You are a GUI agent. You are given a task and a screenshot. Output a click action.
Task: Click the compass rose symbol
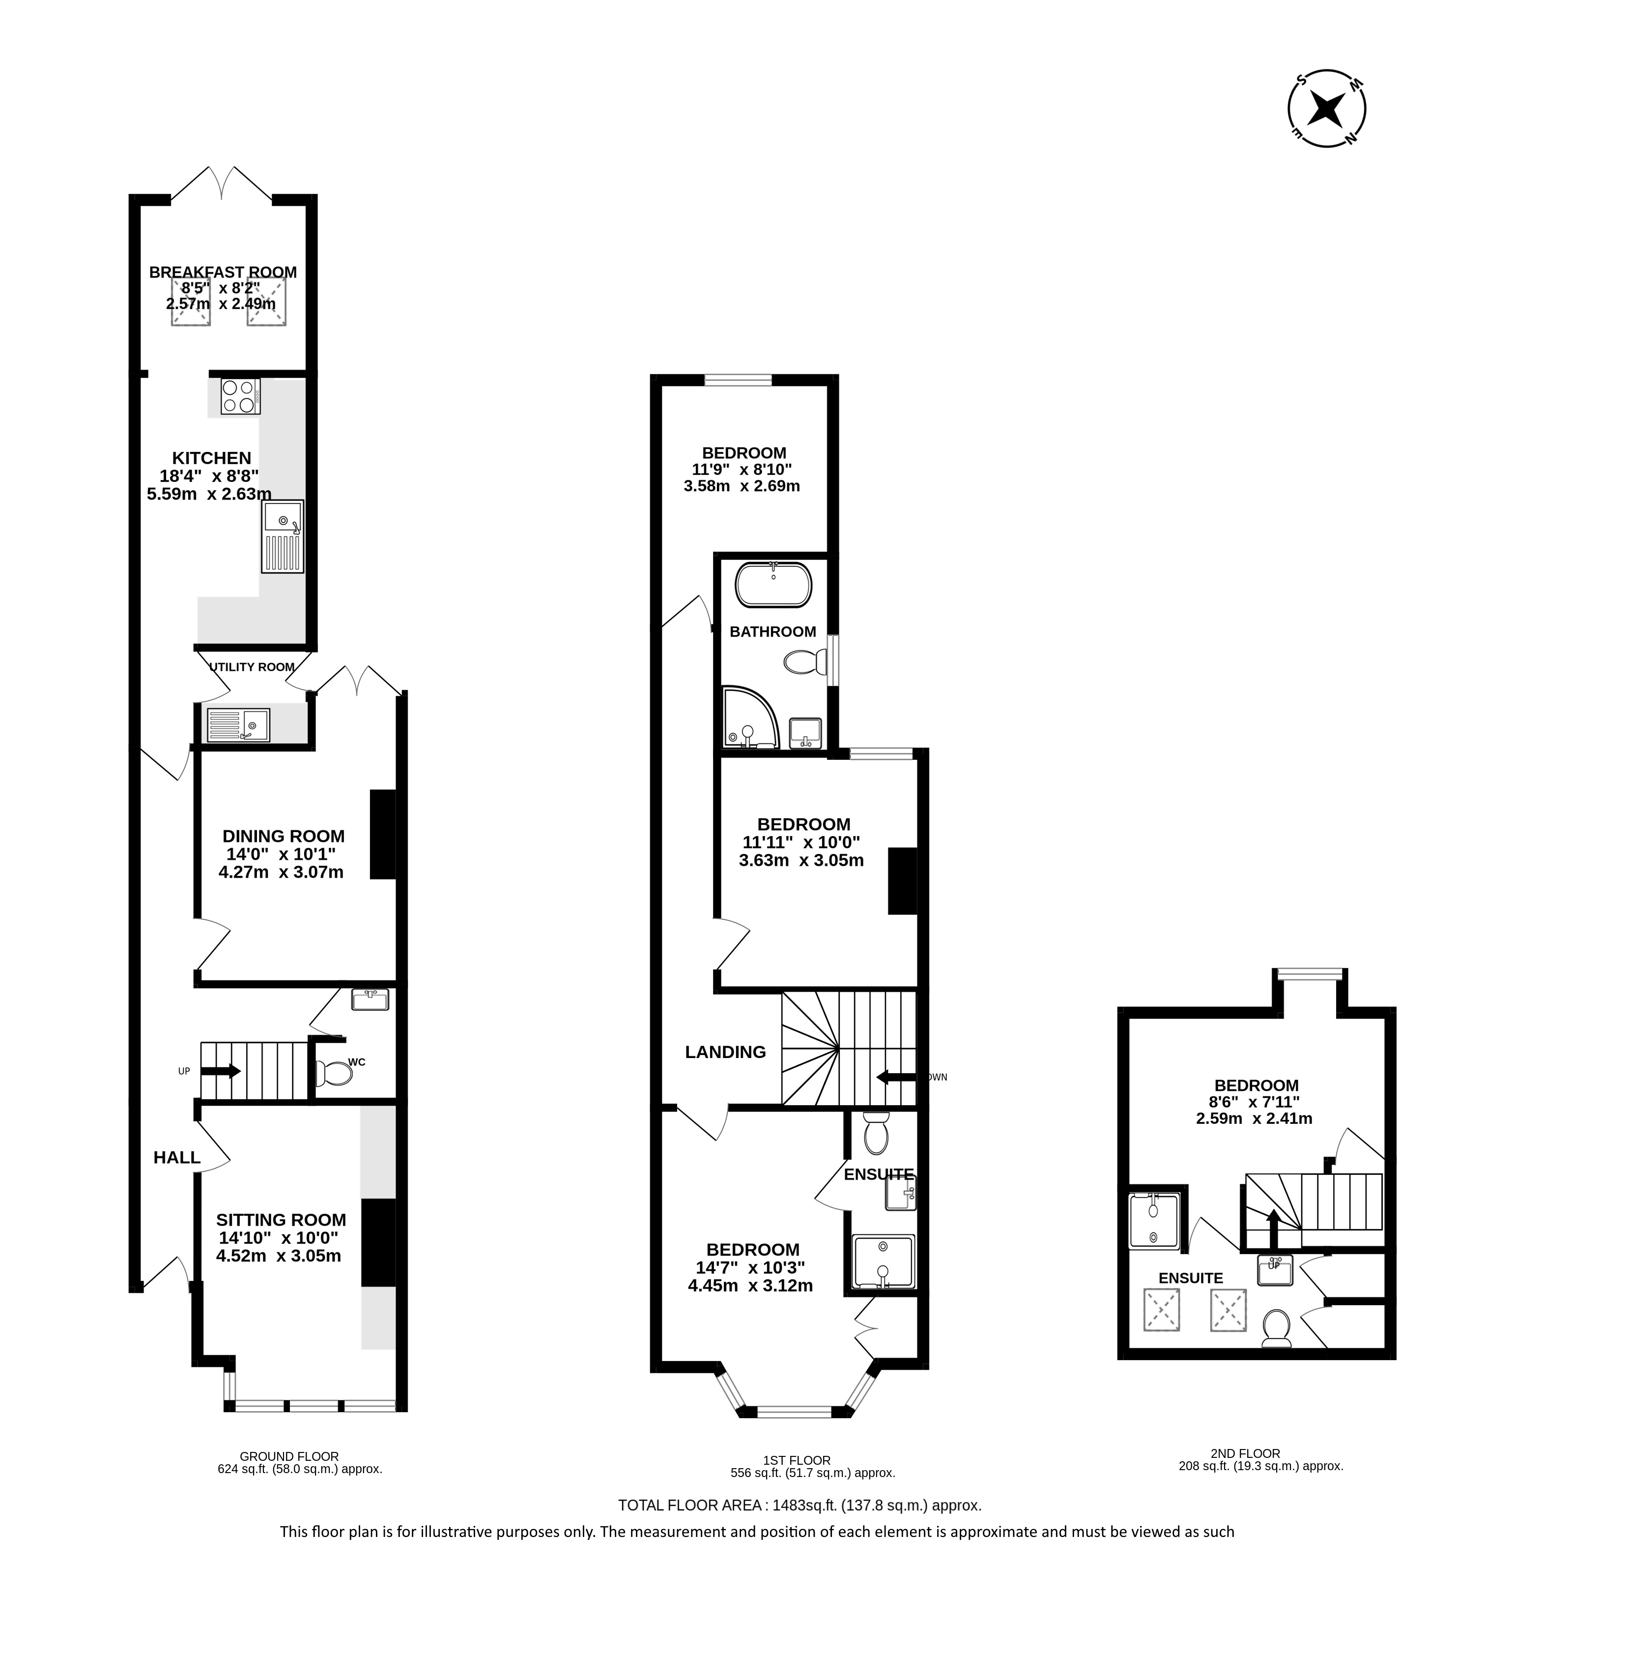(x=1327, y=109)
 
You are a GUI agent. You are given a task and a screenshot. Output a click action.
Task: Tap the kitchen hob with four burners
(x=240, y=396)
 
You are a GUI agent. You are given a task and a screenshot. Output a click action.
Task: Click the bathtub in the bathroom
(x=773, y=585)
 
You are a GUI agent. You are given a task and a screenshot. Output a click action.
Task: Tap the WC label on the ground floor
(x=357, y=1062)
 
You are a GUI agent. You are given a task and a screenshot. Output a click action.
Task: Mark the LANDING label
(x=725, y=1053)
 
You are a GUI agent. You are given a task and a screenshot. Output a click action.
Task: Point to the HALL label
(x=177, y=1158)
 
